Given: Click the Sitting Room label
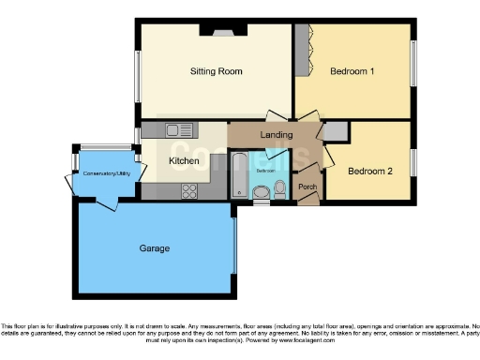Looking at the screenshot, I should [217, 71].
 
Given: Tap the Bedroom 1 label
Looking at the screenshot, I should [352, 71].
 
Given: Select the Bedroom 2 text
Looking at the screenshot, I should [369, 171].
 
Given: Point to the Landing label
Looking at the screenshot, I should [277, 135].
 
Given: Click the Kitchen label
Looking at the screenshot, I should [183, 161].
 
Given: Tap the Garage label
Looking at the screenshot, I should [155, 248].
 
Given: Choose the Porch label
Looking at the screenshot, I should [307, 186].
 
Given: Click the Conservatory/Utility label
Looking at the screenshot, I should [105, 173].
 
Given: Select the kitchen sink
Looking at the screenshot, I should [178, 130].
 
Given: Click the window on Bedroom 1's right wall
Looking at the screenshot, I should [412, 64].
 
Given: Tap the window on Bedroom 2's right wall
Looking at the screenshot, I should [412, 162].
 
